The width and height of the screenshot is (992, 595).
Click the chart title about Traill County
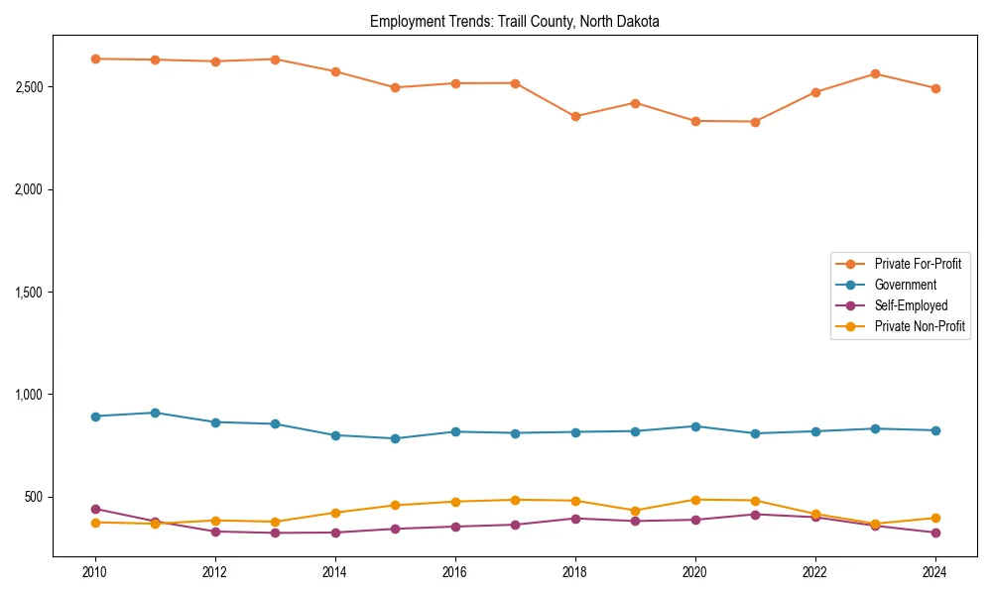tap(515, 21)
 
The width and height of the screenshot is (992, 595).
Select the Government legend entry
tap(905, 285)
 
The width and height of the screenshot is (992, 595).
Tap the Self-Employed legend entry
tap(911, 305)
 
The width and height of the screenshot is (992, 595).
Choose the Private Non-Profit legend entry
tap(920, 326)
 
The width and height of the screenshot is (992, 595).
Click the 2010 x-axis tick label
tap(95, 572)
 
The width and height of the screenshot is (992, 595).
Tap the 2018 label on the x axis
tap(574, 572)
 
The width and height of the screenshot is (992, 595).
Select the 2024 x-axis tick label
tap(934, 572)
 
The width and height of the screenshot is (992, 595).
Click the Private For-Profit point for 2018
tap(575, 116)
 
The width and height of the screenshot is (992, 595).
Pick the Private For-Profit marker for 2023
tap(875, 73)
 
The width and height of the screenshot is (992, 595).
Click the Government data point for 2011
tap(155, 413)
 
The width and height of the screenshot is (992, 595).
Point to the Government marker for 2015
tap(395, 438)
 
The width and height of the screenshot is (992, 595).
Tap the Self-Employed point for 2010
tap(95, 509)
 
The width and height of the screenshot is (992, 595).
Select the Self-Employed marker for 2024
tap(934, 533)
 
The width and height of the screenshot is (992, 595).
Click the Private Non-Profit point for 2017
tap(515, 500)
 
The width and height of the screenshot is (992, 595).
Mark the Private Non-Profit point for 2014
tap(335, 513)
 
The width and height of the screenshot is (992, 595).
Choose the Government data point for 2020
tap(694, 426)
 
